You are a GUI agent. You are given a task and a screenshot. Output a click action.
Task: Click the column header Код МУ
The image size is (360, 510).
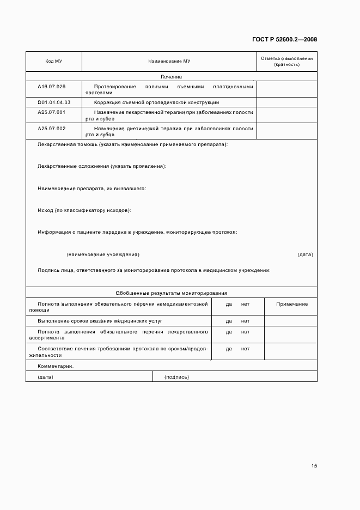click(x=53, y=61)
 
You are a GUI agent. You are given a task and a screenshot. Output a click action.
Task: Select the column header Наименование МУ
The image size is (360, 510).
click(x=169, y=61)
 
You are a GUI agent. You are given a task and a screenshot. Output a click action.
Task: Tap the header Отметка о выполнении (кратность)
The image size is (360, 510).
click(x=286, y=61)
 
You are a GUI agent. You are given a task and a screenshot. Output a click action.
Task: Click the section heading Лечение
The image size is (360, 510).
click(x=171, y=77)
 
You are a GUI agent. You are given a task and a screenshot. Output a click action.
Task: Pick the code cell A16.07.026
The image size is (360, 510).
click(x=51, y=87)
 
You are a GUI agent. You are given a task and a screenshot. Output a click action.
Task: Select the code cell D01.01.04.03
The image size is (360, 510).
click(x=53, y=102)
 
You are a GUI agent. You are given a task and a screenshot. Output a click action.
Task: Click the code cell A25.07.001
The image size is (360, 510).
click(x=51, y=112)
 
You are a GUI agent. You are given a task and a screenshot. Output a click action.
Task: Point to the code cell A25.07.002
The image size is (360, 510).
click(x=51, y=128)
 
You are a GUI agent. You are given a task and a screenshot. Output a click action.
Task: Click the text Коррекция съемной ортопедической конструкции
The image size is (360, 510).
click(x=156, y=102)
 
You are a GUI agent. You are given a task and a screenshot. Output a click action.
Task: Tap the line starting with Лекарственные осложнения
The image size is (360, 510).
click(x=102, y=166)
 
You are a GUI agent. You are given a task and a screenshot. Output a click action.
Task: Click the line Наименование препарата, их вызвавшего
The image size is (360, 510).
click(x=91, y=188)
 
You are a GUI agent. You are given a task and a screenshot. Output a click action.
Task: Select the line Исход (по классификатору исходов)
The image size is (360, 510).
click(x=84, y=210)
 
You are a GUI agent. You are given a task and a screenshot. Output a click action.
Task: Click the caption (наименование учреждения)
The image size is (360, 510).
click(x=103, y=254)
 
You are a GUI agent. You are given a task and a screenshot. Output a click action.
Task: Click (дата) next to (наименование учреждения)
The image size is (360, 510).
click(x=305, y=254)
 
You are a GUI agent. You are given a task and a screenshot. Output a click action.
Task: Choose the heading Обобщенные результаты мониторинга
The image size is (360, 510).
click(x=171, y=293)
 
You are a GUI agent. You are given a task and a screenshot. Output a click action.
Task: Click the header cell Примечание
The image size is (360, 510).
click(x=291, y=303)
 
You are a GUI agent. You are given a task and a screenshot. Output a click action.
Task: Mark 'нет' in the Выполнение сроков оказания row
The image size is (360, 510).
click(x=245, y=321)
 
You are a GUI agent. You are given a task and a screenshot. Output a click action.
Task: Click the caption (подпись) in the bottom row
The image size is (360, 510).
click(x=177, y=377)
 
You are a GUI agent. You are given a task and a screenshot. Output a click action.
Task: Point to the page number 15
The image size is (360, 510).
click(x=314, y=466)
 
